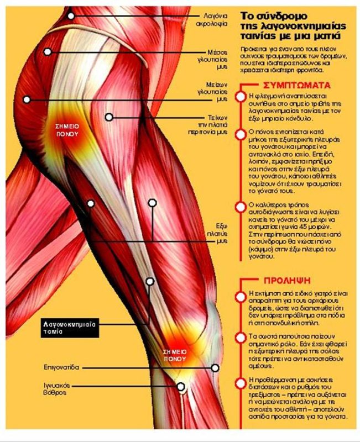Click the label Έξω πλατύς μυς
click(x=220, y=233)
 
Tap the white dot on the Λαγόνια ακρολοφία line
click(x=71, y=15)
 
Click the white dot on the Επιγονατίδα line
click(x=215, y=367)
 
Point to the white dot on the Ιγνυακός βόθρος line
click(x=180, y=387)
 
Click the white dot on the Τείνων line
click(x=109, y=117)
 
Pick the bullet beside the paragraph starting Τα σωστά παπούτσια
click(x=239, y=337)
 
